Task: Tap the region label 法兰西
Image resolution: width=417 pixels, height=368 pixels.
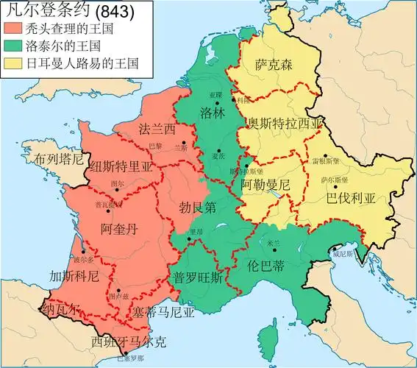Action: click(x=157, y=130)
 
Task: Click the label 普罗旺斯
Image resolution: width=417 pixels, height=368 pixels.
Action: click(x=198, y=277)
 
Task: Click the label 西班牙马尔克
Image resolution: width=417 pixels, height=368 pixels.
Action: click(x=129, y=342)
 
